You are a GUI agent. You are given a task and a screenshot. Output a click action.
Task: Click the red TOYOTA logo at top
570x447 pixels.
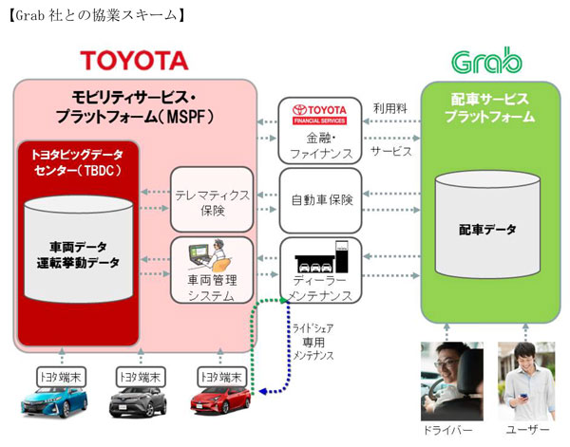(x=134, y=62)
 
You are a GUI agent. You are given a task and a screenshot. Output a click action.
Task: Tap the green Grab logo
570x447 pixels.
(x=486, y=62)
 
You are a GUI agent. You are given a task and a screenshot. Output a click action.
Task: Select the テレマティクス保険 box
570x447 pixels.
(x=212, y=200)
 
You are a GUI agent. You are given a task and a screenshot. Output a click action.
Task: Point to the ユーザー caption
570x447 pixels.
(x=528, y=431)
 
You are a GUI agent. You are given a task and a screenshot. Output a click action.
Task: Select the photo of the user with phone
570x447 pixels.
(x=528, y=381)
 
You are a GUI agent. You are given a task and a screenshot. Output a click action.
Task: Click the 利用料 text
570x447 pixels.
(x=389, y=109)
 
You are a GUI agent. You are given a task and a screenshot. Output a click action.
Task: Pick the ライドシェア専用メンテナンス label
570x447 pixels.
(x=314, y=341)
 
